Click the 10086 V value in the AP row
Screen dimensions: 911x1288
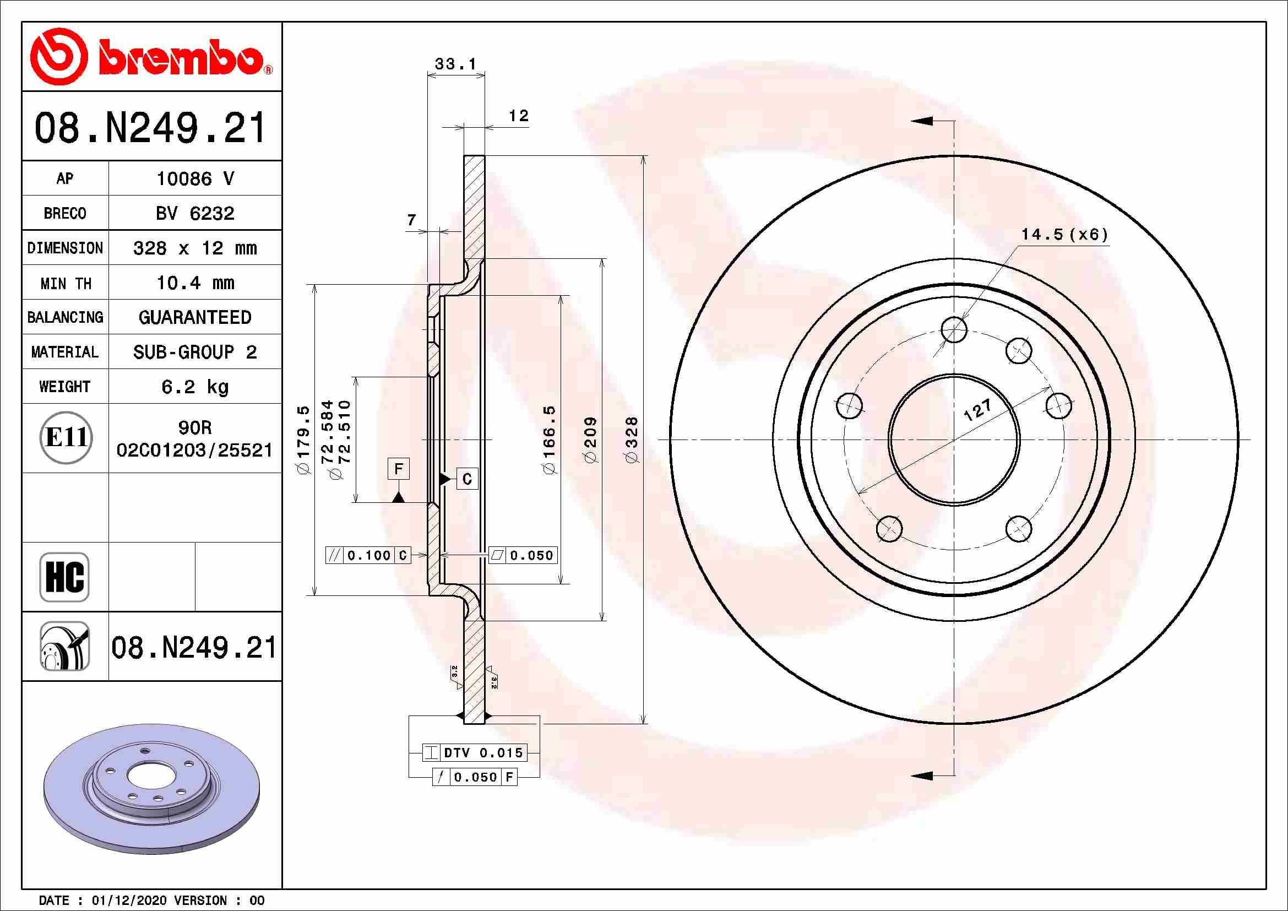pyautogui.click(x=194, y=179)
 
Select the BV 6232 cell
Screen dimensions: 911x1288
pyautogui.click(x=194, y=213)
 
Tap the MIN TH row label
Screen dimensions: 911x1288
pyautogui.click(x=65, y=283)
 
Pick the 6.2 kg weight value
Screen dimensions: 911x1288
pyautogui.click(x=194, y=387)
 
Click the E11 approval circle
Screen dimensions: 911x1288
pyautogui.click(x=66, y=437)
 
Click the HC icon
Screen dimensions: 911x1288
pyautogui.click(x=64, y=577)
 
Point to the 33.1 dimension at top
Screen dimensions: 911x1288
pyautogui.click(x=455, y=64)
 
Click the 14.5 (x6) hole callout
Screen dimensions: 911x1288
pyautogui.click(x=1064, y=235)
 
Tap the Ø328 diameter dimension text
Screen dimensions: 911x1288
pyautogui.click(x=632, y=440)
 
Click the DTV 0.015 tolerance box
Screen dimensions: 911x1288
pyautogui.click(x=475, y=753)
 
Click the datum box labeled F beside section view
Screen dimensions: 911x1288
pyautogui.click(x=399, y=468)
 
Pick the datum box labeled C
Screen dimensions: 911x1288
pyautogui.click(x=467, y=479)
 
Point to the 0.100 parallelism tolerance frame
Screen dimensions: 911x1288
pyautogui.click(x=368, y=555)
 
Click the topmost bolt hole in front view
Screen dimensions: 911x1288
pyautogui.click(x=954, y=329)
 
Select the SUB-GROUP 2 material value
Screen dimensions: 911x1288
pyautogui.click(x=194, y=353)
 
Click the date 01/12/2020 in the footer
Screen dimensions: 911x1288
pyautogui.click(x=128, y=901)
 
